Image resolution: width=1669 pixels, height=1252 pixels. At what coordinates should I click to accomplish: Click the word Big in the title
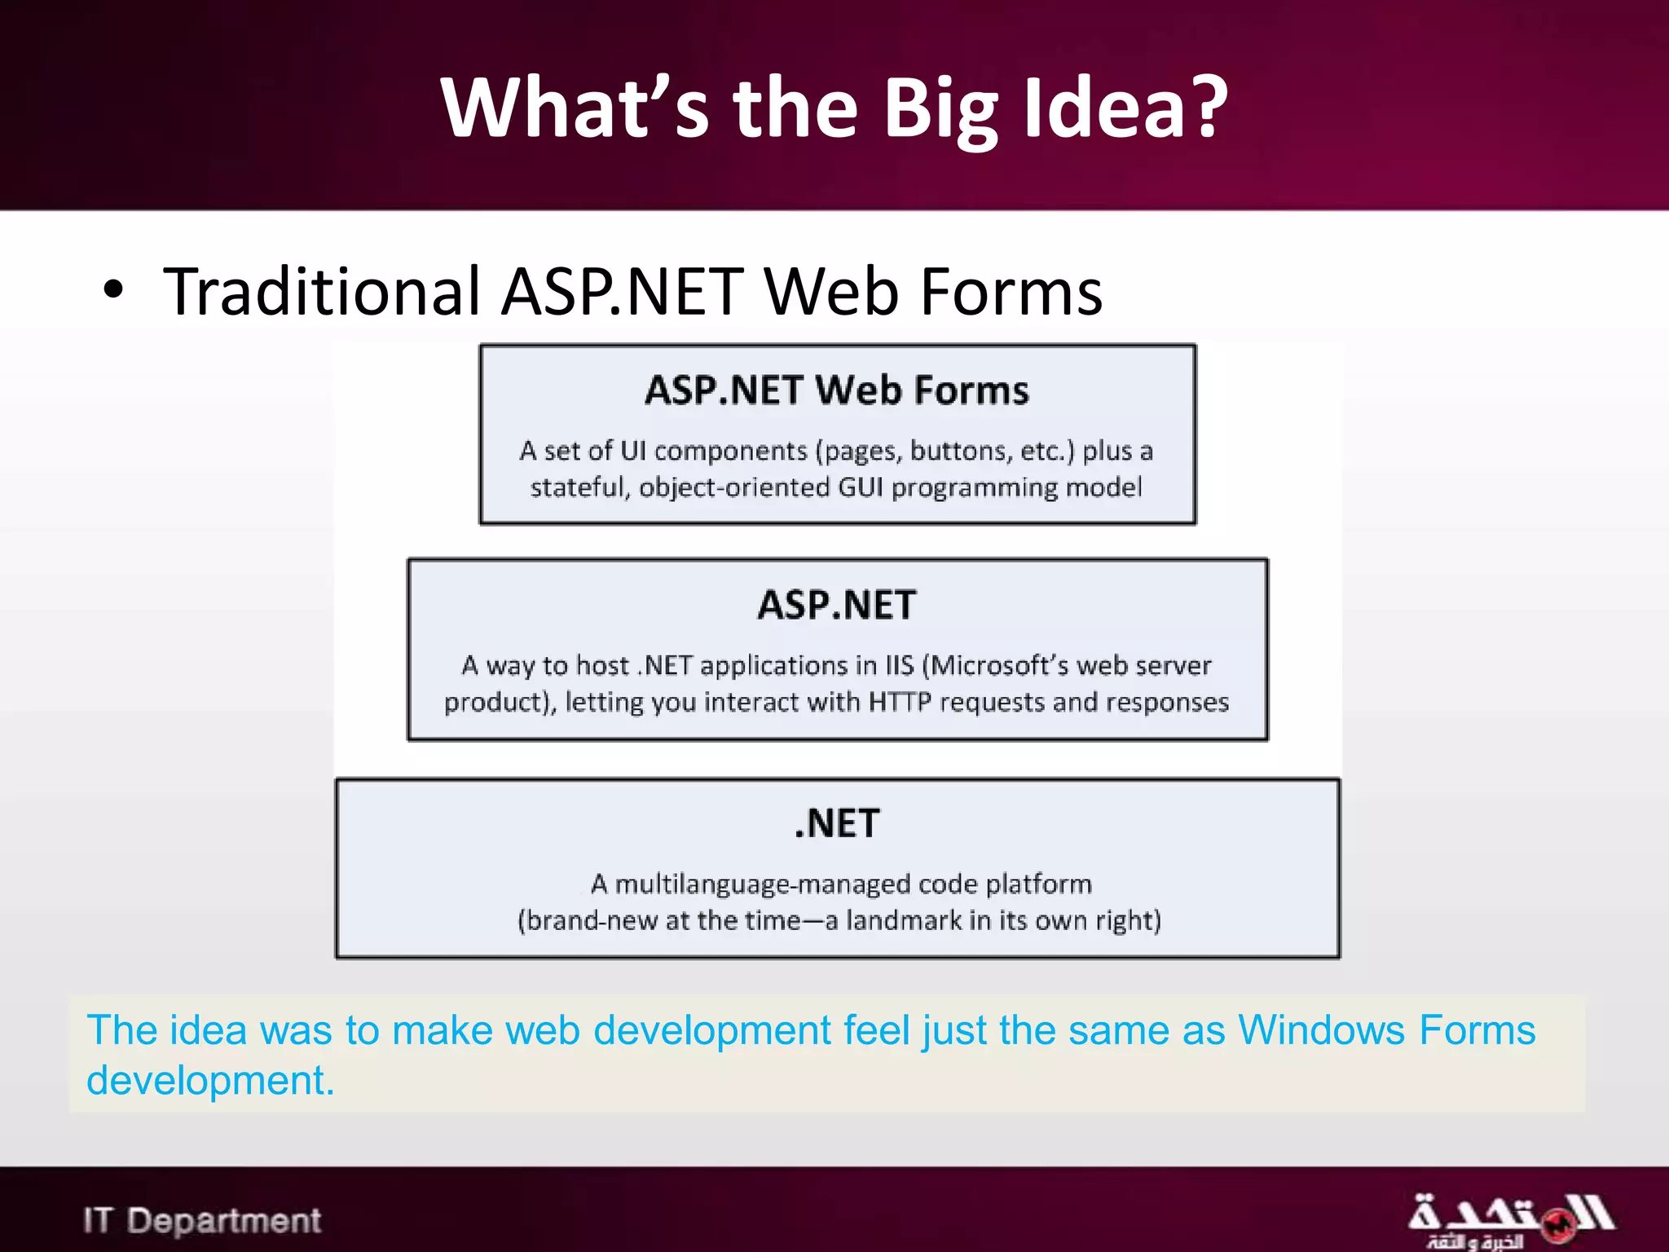click(940, 108)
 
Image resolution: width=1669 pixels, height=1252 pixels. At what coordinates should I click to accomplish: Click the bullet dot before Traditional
click(113, 290)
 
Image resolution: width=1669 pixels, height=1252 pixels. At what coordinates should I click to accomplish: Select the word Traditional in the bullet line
click(322, 292)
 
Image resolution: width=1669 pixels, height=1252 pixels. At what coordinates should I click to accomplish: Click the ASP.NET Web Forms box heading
click(837, 390)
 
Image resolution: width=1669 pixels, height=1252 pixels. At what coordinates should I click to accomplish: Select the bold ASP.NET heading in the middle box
click(837, 605)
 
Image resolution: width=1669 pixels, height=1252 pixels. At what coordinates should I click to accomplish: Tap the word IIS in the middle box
click(900, 666)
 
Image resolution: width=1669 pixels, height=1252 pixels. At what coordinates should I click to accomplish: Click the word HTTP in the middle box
click(900, 702)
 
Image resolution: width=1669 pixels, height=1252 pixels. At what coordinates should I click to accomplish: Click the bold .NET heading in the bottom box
click(837, 823)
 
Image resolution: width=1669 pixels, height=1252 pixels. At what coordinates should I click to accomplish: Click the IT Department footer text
click(202, 1220)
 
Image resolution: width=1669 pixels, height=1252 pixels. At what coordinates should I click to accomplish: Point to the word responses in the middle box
click(1167, 702)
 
